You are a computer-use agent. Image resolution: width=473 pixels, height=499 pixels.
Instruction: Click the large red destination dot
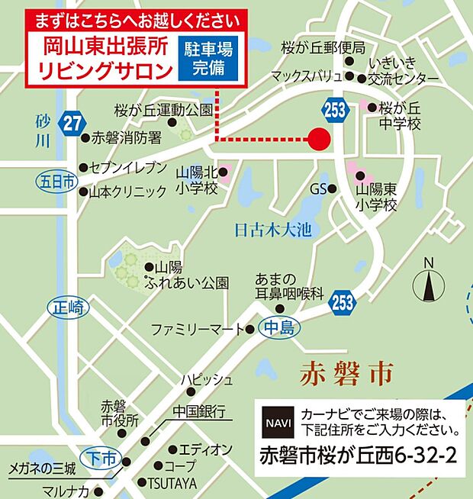click(x=319, y=139)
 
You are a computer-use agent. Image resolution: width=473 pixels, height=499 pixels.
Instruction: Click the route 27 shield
click(x=72, y=123)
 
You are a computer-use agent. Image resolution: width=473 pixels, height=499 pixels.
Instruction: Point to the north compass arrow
click(x=428, y=285)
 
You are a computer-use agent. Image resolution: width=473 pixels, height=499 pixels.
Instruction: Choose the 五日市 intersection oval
click(x=56, y=181)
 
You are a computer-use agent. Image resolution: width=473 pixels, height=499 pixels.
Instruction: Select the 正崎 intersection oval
click(x=69, y=308)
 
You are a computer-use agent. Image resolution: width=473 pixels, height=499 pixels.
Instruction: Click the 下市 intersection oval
click(x=101, y=457)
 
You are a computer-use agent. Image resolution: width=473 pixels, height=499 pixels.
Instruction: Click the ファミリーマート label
click(x=196, y=330)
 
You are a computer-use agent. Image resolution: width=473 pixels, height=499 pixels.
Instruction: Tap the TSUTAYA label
click(x=172, y=482)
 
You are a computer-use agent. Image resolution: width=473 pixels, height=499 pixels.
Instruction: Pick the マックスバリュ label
click(x=307, y=76)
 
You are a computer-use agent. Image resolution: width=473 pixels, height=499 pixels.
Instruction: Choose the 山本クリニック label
click(x=127, y=192)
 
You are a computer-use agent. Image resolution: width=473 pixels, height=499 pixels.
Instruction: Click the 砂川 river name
click(x=43, y=130)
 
